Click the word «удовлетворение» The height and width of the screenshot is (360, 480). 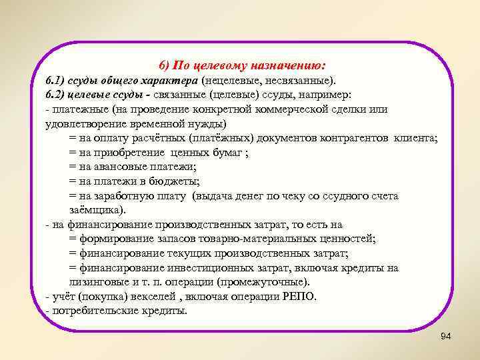[x=83, y=125]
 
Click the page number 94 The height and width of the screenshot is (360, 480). [x=446, y=337]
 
